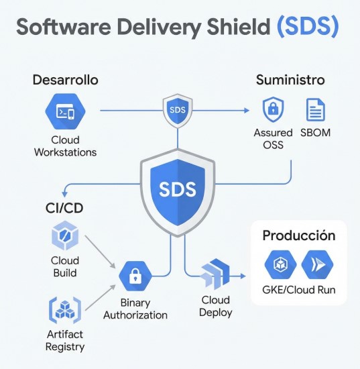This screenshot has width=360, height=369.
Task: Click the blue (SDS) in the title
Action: click(x=308, y=27)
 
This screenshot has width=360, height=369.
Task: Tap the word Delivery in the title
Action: click(x=160, y=27)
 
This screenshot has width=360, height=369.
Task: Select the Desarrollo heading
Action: click(x=66, y=80)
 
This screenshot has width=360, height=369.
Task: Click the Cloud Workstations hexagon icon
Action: click(x=65, y=111)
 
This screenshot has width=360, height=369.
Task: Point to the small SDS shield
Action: click(x=178, y=111)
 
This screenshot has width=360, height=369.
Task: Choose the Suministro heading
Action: click(x=290, y=80)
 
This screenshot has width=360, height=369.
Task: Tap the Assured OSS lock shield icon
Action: click(x=273, y=109)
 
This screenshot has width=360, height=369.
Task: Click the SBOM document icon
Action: click(x=316, y=109)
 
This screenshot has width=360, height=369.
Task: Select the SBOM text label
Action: click(x=315, y=133)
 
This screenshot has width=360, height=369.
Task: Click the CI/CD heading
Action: click(x=64, y=208)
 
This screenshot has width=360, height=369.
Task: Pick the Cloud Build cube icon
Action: click(x=65, y=235)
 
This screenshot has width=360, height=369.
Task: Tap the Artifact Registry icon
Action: click(x=65, y=310)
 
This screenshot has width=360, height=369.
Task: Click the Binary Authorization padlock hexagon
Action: click(x=135, y=276)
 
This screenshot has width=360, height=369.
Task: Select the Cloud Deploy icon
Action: click(x=215, y=274)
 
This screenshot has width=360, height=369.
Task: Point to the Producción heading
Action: click(x=299, y=235)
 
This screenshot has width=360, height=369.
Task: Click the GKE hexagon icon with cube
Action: click(x=280, y=264)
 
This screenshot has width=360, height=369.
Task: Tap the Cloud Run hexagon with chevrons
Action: click(x=317, y=264)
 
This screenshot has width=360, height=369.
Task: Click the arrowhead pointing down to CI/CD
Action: click(x=64, y=195)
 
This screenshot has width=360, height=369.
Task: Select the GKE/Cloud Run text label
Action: click(x=298, y=290)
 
